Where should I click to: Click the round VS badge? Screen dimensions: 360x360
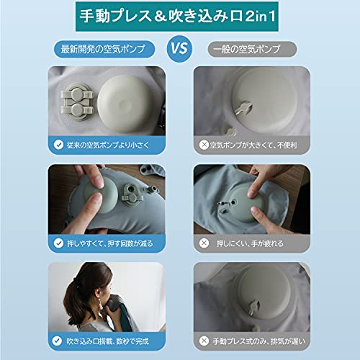[179, 49]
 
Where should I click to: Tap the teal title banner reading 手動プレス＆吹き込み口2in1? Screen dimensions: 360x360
[177, 17]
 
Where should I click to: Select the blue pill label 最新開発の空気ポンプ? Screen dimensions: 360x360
[104, 49]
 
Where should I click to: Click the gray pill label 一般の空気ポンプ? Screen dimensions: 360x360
[252, 49]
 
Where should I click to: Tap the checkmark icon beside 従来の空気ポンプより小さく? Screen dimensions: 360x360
[58, 145]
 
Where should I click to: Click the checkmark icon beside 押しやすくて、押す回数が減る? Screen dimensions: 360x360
[58, 243]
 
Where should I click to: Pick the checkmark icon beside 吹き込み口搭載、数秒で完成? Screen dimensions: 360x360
[57, 341]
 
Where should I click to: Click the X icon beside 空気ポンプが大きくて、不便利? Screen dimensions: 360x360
[204, 145]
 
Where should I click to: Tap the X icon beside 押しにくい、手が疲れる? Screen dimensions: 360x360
[204, 243]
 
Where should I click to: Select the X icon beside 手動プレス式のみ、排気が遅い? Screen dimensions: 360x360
[204, 341]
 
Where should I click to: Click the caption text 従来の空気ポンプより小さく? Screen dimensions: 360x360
[108, 145]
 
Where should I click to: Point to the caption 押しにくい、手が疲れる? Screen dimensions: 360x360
[250, 243]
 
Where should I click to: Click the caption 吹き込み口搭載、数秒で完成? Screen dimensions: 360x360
[107, 341]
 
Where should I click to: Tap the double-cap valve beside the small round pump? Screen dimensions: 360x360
[76, 102]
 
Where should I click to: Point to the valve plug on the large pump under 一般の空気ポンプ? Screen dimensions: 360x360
[243, 108]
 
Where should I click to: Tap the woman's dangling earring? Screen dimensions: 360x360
[100, 304]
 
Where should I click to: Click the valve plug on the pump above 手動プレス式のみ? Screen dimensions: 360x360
[253, 307]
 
